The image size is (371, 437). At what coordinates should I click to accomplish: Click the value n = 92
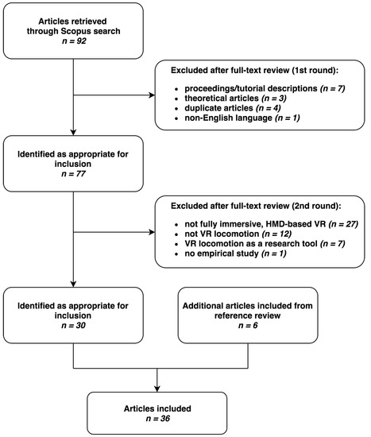click(x=74, y=41)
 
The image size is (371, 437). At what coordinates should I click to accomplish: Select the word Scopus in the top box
click(x=75, y=31)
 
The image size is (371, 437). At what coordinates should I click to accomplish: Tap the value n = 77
click(x=73, y=174)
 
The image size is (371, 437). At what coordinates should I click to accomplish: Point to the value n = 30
click(x=73, y=325)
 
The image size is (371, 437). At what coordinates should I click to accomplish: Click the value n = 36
click(x=158, y=418)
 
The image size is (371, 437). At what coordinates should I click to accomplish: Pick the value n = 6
click(x=248, y=325)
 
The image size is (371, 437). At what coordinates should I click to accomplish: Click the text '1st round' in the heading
click(x=313, y=70)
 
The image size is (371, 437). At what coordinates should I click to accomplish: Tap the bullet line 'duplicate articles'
click(x=233, y=108)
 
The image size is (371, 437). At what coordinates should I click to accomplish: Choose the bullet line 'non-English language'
click(x=242, y=118)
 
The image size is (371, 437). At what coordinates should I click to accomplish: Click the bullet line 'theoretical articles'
click(x=235, y=98)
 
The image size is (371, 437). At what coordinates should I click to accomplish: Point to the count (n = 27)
click(x=343, y=224)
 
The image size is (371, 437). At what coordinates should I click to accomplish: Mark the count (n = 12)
click(x=276, y=234)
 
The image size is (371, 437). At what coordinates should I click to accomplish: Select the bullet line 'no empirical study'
click(x=235, y=253)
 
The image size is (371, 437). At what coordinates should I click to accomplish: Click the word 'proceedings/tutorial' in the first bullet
click(x=222, y=88)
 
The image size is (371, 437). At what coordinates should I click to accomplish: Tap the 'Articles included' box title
click(x=157, y=408)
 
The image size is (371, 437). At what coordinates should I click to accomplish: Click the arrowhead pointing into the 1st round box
click(x=152, y=95)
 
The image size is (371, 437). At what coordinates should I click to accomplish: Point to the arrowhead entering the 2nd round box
click(x=152, y=232)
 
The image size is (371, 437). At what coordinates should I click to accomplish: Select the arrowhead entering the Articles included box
click(x=157, y=389)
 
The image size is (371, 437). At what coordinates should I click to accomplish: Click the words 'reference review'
click(x=248, y=315)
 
